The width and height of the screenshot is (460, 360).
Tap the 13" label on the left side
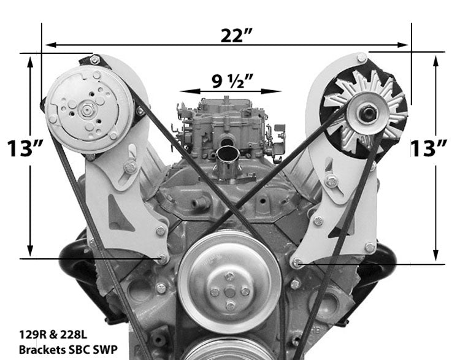[23, 148]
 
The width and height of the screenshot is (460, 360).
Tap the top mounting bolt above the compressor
[95, 59]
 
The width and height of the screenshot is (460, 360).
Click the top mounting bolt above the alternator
[362, 58]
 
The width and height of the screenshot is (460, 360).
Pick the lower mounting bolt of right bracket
[297, 263]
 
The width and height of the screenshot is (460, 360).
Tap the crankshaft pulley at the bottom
[228, 350]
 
